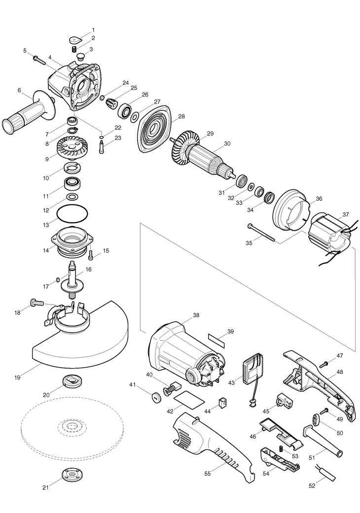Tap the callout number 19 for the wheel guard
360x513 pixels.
17,377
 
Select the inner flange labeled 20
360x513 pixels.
72,381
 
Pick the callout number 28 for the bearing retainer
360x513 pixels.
181,116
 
